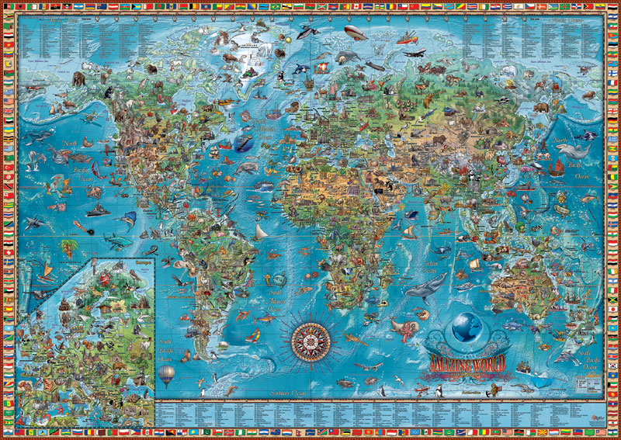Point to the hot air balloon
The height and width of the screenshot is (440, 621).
point(167,376)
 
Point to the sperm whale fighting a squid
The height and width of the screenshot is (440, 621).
point(403,325)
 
